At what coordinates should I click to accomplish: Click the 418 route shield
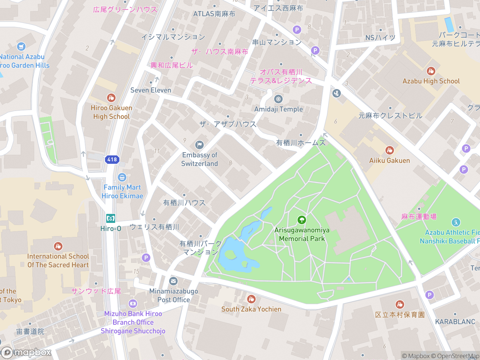tap(112, 159)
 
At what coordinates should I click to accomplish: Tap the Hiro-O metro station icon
tap(111, 218)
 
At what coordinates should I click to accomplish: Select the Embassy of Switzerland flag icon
tap(199, 145)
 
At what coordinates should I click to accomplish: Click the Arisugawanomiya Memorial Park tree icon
tap(302, 220)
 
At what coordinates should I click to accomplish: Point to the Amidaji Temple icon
tap(278, 99)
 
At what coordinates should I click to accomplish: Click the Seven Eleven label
tap(151, 90)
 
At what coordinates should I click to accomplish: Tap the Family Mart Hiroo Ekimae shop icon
tap(122, 177)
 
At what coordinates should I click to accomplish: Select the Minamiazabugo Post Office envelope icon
tap(173, 281)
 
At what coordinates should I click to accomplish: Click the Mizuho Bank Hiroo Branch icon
tap(133, 304)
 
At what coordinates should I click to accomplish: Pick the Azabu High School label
tap(431, 81)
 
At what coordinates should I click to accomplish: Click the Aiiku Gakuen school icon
tap(389, 150)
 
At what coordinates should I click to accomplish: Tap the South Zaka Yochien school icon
tap(251, 299)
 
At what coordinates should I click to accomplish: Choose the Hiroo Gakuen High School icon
tap(111, 98)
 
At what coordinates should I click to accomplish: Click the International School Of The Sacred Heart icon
tap(58, 246)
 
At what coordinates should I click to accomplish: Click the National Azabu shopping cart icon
tap(21, 46)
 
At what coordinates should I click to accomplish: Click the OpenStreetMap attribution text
tap(458, 356)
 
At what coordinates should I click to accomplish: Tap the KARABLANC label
tap(455, 322)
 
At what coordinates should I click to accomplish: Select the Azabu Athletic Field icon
tap(456, 222)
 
